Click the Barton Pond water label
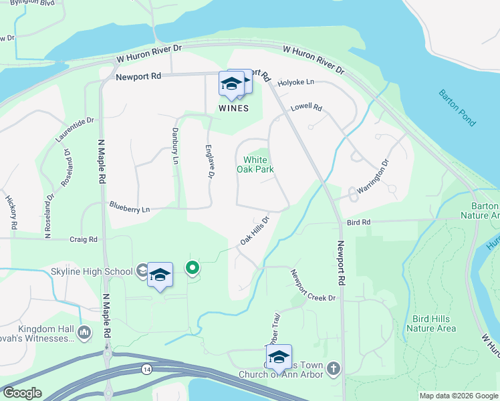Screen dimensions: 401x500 pos(458,108)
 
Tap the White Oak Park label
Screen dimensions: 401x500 pos(255,164)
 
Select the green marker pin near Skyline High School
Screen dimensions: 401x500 pos(193,268)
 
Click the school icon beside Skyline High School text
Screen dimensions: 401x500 pos(142,271)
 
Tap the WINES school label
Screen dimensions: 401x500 pos(233,108)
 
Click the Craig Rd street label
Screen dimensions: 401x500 pos(84,239)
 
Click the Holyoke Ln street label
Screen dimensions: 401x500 pos(295,82)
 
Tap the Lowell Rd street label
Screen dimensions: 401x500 pos(306,108)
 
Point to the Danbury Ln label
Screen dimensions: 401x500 pos(175,146)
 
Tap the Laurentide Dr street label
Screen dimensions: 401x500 pos(75,130)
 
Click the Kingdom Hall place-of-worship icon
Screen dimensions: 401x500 pos(84,332)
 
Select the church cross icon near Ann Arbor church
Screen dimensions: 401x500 pos(334,368)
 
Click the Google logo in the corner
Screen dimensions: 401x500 pos(22,393)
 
